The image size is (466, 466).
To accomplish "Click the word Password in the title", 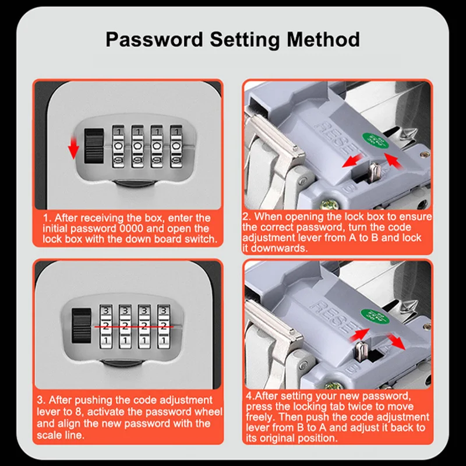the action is click(154, 40).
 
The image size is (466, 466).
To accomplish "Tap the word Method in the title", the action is click(323, 40).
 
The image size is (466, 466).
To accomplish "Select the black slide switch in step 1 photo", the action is click(94, 146).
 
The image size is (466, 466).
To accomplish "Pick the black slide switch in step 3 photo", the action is click(82, 326).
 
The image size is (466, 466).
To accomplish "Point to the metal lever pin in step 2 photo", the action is click(374, 173).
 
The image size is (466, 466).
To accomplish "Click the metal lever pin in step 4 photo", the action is click(360, 351).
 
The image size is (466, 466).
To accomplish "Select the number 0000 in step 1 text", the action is click(131, 228).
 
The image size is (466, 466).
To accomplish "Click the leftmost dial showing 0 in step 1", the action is click(118, 146).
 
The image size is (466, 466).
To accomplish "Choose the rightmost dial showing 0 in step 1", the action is click(176, 146).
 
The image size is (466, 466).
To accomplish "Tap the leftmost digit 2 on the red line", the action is click(106, 326).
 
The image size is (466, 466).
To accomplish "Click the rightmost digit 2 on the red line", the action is click(163, 326).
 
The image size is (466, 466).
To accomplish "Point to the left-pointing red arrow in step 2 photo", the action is click(352, 161).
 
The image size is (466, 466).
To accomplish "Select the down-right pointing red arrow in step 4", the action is click(396, 341).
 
